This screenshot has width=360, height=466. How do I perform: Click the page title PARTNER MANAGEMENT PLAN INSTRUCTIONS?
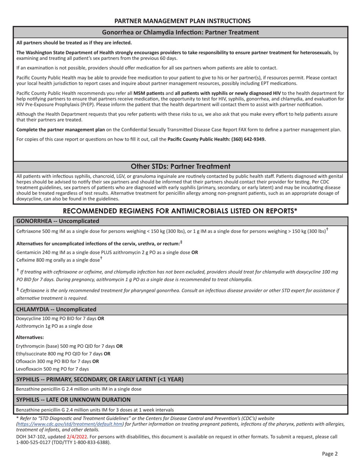point(182,21)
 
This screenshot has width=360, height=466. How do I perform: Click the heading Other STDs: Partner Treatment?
point(180,166)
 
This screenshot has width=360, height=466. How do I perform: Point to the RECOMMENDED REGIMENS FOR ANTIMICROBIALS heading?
point(180,211)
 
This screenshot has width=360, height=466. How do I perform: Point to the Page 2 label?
point(330,453)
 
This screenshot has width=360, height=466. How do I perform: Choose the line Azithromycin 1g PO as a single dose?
point(54,326)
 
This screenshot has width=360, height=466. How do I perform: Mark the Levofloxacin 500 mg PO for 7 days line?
point(52,369)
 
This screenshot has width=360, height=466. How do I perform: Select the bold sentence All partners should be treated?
point(74,42)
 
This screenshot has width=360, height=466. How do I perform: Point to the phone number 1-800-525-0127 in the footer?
point(32,442)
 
